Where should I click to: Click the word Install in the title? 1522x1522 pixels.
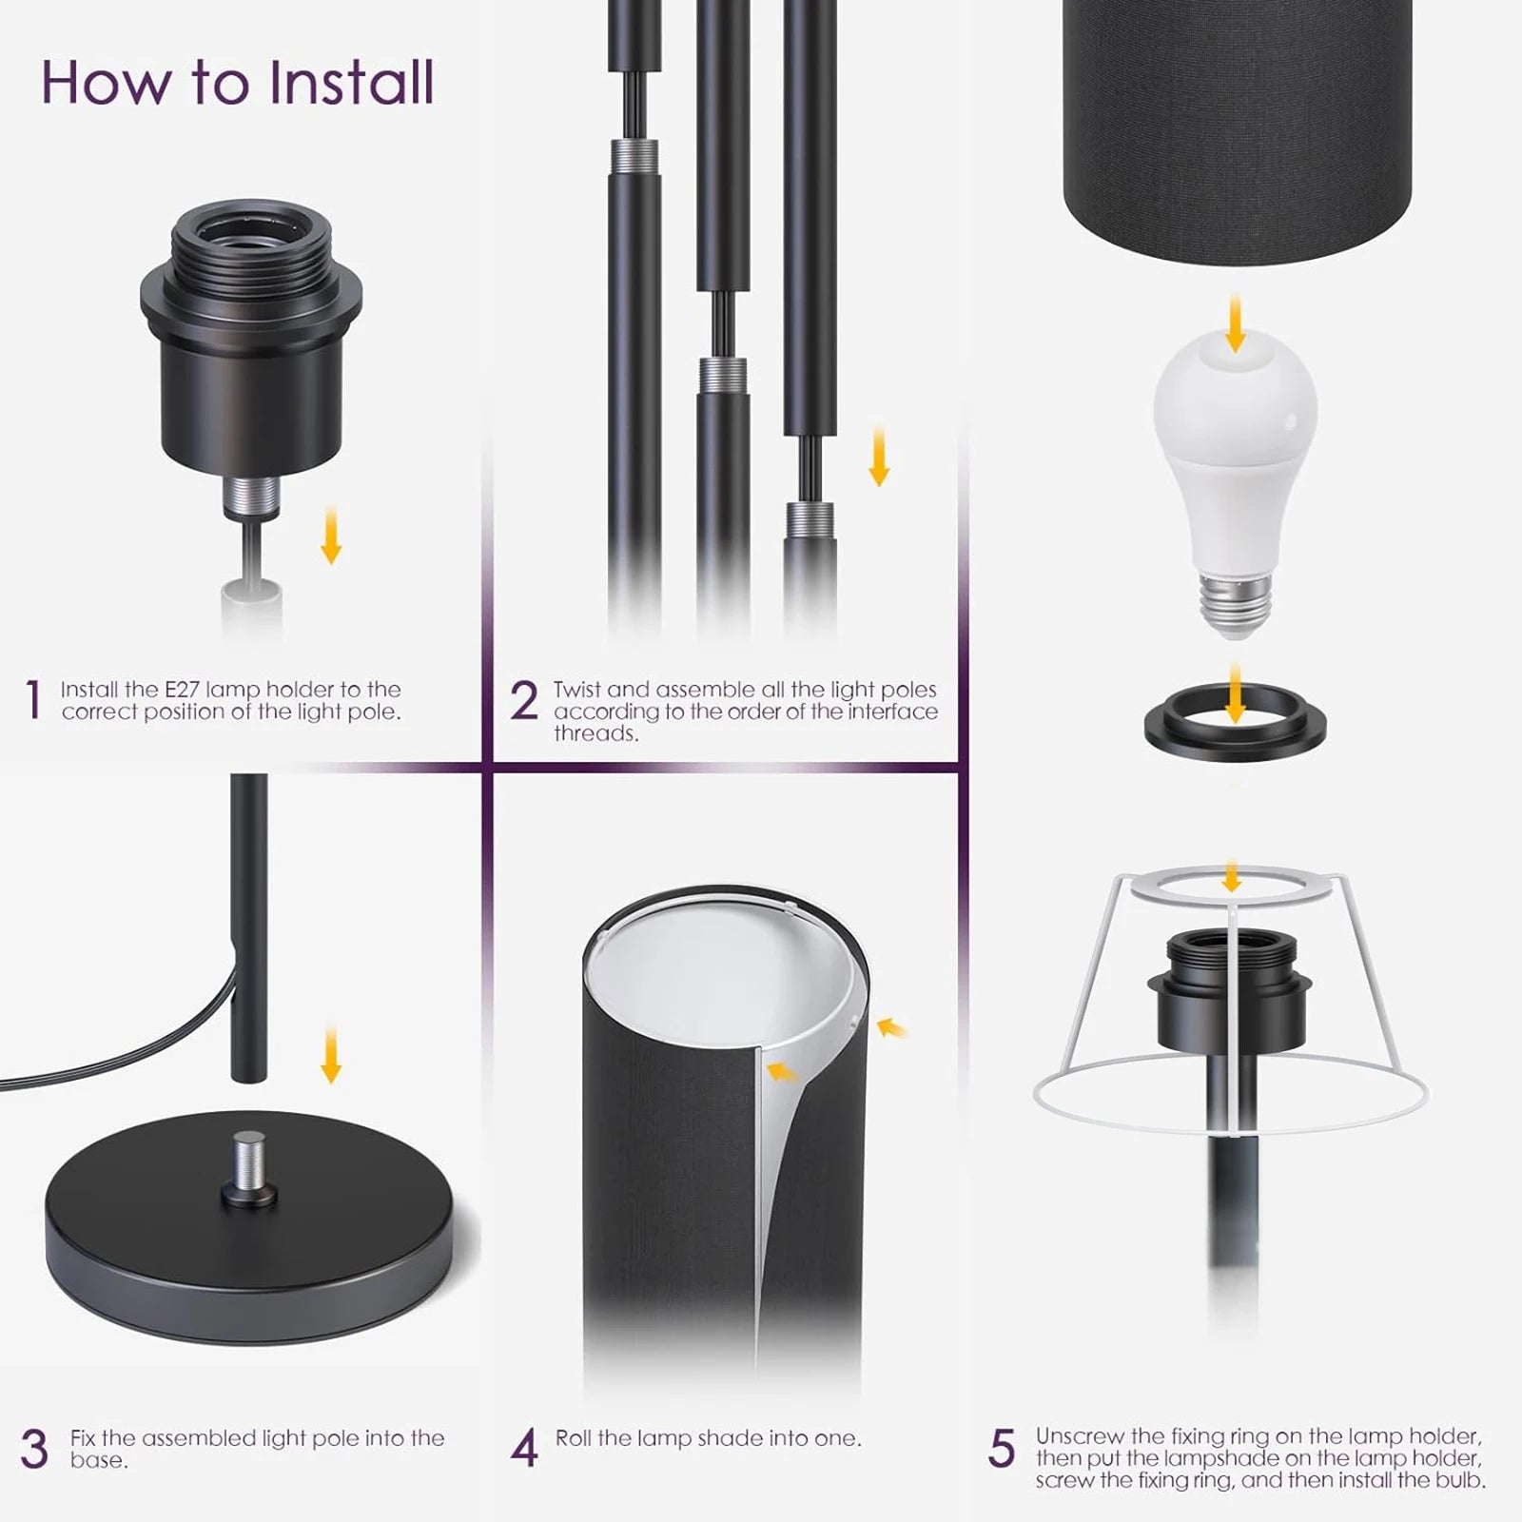tap(351, 82)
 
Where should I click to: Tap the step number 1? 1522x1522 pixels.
tap(33, 701)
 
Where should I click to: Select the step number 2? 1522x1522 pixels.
tap(524, 701)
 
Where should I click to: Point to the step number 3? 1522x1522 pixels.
tap(34, 1450)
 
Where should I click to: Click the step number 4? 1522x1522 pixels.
tap(524, 1450)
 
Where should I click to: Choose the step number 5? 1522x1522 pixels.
tap(1002, 1450)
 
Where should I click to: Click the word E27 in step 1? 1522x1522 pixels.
tap(183, 690)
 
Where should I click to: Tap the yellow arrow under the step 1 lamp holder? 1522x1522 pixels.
tap(331, 535)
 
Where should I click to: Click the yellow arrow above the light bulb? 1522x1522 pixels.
tap(1235, 322)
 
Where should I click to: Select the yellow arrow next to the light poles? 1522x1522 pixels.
tap(879, 456)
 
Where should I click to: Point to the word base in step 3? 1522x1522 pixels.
tap(99, 1460)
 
